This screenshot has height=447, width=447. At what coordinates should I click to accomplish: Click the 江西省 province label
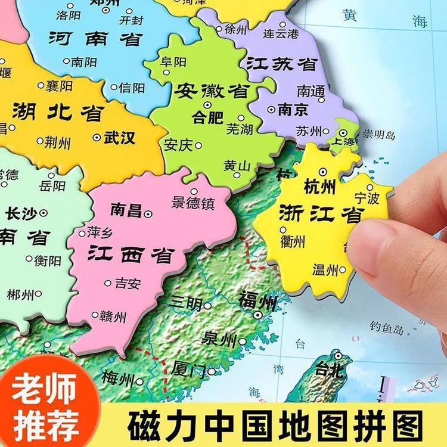point(130,254)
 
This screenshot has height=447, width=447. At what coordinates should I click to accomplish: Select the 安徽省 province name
point(212,91)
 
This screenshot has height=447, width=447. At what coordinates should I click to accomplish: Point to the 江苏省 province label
point(281,63)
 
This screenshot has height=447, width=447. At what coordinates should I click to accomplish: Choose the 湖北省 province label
point(58,112)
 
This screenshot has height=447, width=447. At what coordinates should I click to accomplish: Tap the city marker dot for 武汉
point(97,137)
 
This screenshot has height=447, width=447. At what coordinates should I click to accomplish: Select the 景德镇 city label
point(193,203)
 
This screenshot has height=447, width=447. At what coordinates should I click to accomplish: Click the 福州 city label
point(257,300)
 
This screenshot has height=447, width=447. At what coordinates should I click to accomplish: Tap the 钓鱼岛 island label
point(387,327)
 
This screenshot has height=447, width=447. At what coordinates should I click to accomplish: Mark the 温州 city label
point(325,269)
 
